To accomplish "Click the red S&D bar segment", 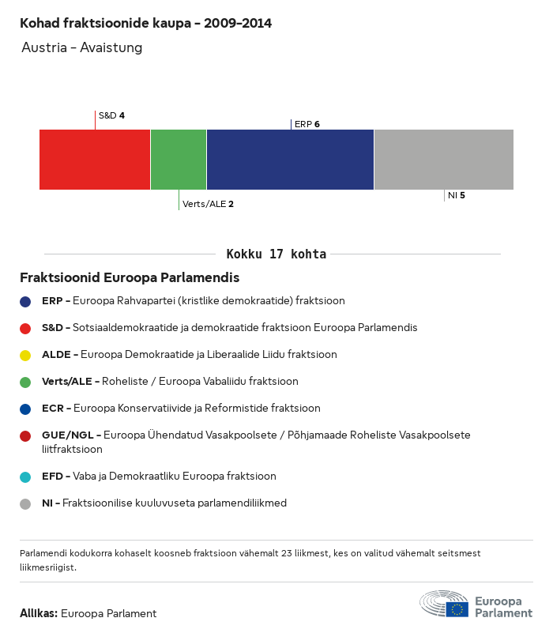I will coord(95,160).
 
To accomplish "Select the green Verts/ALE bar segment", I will coord(179,160).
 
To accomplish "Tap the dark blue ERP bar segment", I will coord(290,160).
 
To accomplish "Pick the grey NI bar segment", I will coord(443,160).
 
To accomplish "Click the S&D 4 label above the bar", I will coord(111,115).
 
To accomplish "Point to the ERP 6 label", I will coord(307,124).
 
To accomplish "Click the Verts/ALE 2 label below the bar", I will coord(208,204).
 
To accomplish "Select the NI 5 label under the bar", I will coord(456,195).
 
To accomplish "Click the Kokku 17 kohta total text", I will coord(276,254).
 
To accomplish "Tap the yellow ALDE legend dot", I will coord(25,355).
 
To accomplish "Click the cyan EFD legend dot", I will coord(25,477).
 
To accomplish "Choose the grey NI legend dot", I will coord(25,503).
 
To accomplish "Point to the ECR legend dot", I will coord(25,409).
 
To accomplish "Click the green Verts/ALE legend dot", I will coord(25,382).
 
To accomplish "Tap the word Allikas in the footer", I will coord(38,613).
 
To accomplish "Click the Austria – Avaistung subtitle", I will coord(82,47).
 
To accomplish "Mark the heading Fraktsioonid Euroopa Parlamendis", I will coord(130,278).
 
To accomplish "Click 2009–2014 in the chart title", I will coord(238,24).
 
